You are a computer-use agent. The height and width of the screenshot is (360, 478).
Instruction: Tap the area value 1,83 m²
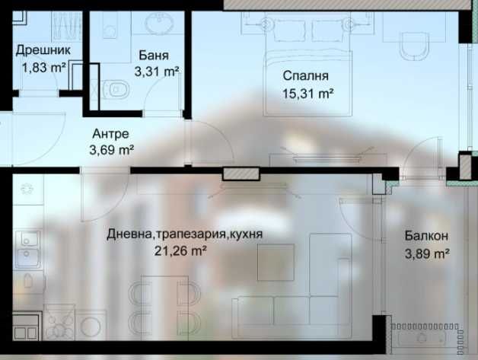45,67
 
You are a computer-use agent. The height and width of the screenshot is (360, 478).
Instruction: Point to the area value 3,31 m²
156,72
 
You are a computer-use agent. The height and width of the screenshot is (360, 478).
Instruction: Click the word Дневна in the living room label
131,234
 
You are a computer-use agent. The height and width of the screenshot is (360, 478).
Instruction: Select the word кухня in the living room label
245,234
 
